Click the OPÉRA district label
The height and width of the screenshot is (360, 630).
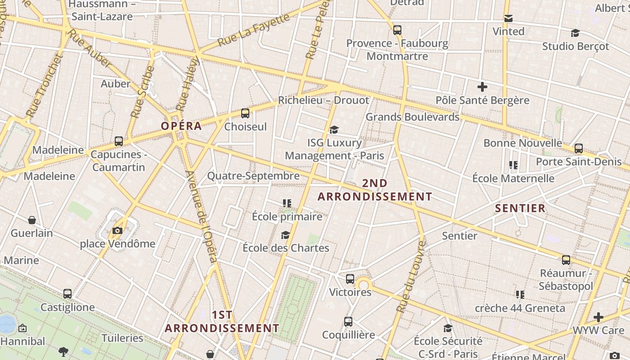point(181,126)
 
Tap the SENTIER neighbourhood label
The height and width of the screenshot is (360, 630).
point(520,208)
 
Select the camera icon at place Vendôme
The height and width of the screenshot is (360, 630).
point(117,231)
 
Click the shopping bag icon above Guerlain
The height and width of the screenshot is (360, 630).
point(32,220)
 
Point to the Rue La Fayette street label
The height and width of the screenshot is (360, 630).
point(254,30)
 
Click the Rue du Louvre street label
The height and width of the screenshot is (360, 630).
point(411,276)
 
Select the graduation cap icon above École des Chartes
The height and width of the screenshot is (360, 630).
point(285,235)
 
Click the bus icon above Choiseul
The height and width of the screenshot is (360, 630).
point(245,113)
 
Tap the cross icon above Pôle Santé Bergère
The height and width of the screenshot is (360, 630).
point(482,86)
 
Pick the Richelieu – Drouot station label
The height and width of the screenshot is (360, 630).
point(323,100)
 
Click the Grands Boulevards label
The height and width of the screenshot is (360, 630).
point(412,117)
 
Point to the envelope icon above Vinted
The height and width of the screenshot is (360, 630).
point(508,18)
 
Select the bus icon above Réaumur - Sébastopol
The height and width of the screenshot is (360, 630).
point(566,260)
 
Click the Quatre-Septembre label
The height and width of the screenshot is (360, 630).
point(253,176)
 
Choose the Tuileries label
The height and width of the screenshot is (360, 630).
point(122,338)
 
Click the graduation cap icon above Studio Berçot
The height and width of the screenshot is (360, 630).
point(575,33)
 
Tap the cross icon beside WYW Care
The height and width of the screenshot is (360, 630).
point(598,317)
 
